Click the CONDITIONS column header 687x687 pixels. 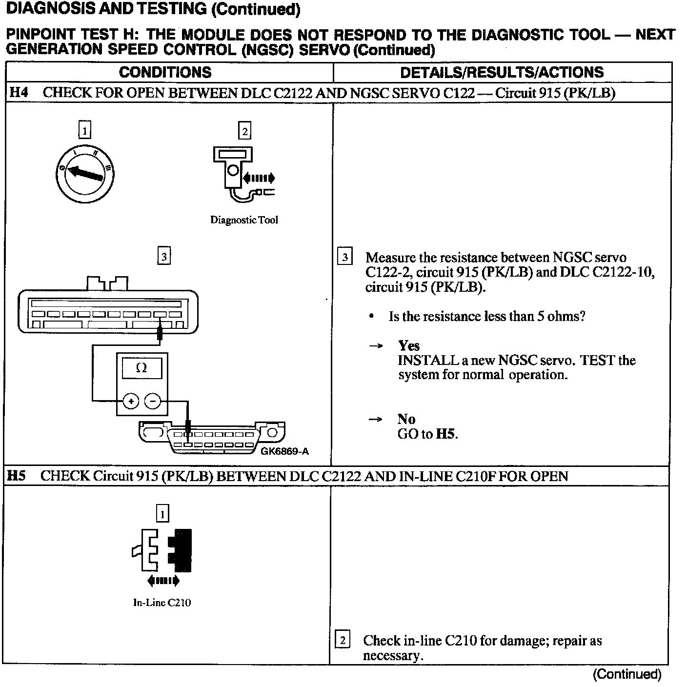165,73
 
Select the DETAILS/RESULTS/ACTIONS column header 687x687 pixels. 502,73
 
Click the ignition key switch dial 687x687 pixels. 85,173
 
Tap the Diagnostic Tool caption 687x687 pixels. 244,220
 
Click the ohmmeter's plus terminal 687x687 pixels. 131,401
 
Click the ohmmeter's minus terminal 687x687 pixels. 153,401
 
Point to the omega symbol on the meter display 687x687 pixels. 141,368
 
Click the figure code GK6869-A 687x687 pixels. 284,451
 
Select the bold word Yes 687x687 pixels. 409,346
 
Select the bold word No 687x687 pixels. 406,419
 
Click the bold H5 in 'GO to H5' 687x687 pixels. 445,434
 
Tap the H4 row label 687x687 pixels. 18,93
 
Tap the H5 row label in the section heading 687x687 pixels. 16,476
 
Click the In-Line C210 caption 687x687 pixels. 162,603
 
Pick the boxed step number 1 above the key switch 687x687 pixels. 85,131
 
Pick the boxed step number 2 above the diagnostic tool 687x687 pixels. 244,131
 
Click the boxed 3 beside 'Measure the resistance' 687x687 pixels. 345,257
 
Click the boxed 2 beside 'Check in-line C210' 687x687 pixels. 343,640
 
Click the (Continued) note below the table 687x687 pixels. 627,674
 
